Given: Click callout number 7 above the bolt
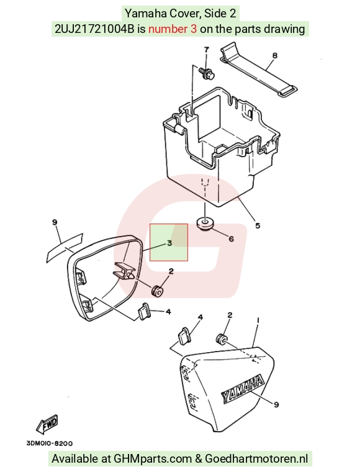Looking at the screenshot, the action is pyautogui.click(x=206, y=50).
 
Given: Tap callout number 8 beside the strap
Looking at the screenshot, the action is pyautogui.click(x=274, y=55).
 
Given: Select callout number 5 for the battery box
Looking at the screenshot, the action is pyautogui.click(x=258, y=225).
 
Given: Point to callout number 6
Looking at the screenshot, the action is pyautogui.click(x=232, y=238).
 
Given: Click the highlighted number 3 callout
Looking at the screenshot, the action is pyautogui.click(x=169, y=243).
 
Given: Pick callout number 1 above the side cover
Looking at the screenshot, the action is pyautogui.click(x=258, y=320).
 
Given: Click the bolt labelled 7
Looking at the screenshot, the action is pyautogui.click(x=207, y=73).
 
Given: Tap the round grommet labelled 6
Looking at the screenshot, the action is pyautogui.click(x=204, y=224).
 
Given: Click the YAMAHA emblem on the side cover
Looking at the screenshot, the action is pyautogui.click(x=243, y=388).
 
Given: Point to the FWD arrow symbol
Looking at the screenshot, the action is pyautogui.click(x=47, y=424).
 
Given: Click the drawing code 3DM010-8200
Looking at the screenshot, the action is pyautogui.click(x=49, y=443).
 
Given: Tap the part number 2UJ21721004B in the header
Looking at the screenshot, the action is pyautogui.click(x=94, y=29).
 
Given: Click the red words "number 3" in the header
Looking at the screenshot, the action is pyautogui.click(x=173, y=29).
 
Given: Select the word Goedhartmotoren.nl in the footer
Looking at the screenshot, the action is pyautogui.click(x=256, y=459).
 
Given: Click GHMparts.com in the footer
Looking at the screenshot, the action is pyautogui.click(x=153, y=459).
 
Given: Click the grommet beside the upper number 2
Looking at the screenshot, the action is pyautogui.click(x=157, y=291).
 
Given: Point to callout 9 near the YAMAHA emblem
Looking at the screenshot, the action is pyautogui.click(x=276, y=404).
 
